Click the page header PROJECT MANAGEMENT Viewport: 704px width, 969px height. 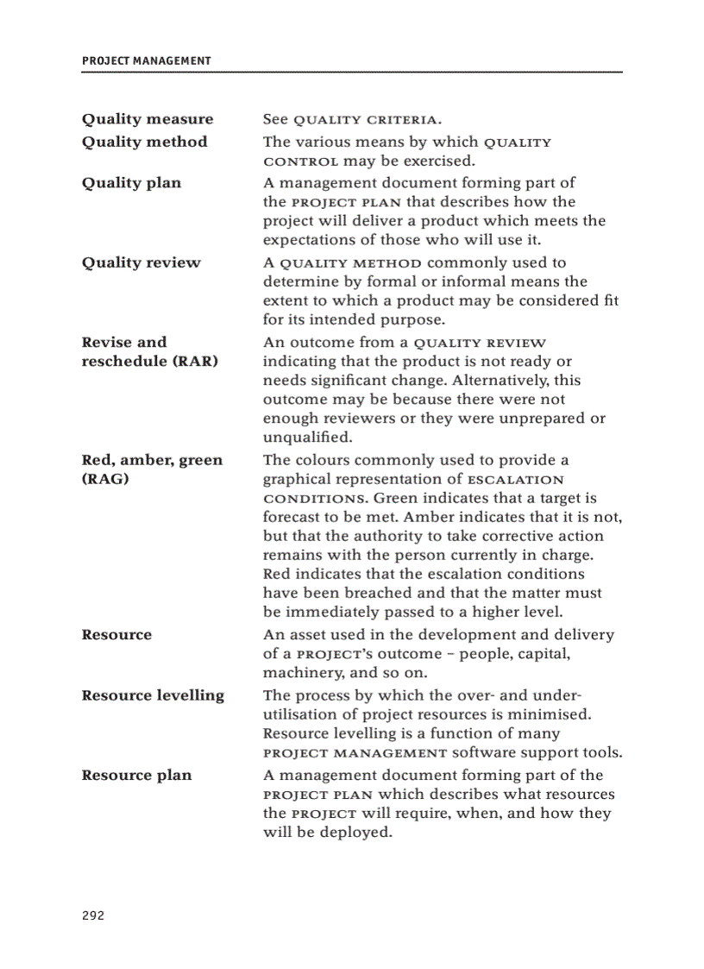coord(146,60)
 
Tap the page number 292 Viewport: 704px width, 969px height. coord(93,916)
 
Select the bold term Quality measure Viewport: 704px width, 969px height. coord(148,119)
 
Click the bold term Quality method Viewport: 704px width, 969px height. coord(144,142)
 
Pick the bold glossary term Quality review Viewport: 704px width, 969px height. coord(141,262)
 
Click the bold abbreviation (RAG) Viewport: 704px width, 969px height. coord(105,479)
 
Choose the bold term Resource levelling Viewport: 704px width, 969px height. coord(153,695)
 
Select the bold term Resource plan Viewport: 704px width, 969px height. coord(136,775)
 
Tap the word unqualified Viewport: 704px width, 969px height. coord(304,437)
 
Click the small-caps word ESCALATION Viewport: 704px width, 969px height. coord(515,480)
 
